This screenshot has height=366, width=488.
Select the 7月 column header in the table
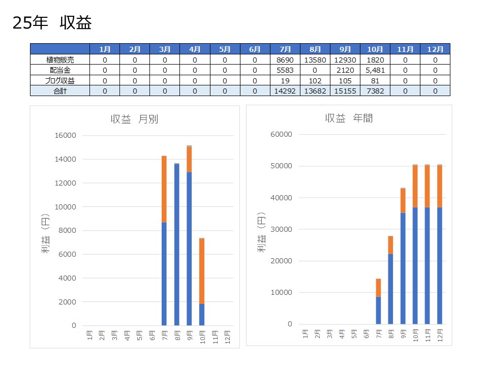pyautogui.click(x=285, y=49)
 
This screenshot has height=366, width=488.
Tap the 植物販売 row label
pyautogui.click(x=59, y=59)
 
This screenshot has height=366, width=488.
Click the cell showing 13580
pyautogui.click(x=315, y=59)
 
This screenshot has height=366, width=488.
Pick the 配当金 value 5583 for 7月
pyautogui.click(x=285, y=70)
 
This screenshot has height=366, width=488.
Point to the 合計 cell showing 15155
pyautogui.click(x=345, y=91)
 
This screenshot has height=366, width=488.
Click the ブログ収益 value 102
pyautogui.click(x=315, y=80)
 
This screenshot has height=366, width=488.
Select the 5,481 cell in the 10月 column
pyautogui.click(x=375, y=70)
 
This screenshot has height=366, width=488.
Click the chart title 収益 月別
pyautogui.click(x=134, y=119)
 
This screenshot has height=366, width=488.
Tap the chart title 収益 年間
pyautogui.click(x=349, y=118)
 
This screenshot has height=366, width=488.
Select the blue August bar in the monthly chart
pyautogui.click(x=176, y=244)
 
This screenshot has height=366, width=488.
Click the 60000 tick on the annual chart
pyautogui.click(x=281, y=135)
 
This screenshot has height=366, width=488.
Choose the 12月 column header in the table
pyautogui.click(x=435, y=49)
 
